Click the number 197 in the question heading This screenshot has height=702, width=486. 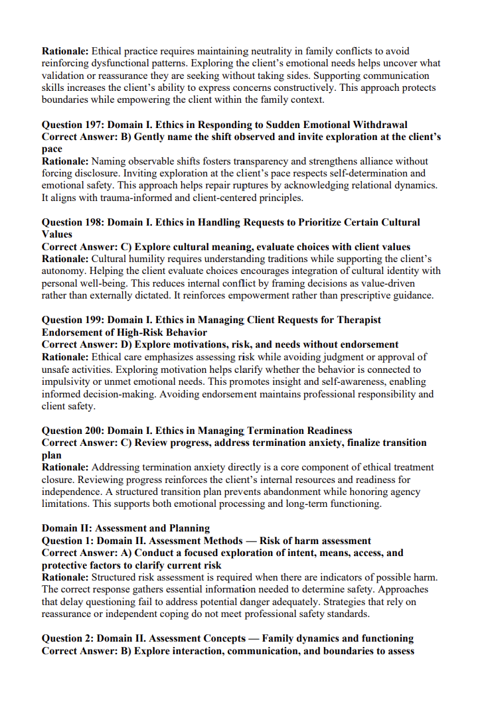pos(96,125)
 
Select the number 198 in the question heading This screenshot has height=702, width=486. pos(96,222)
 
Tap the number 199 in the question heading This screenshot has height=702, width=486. pos(96,320)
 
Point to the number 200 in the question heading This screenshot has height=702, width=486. pos(96,431)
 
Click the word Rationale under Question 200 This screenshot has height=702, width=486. pos(65,467)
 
